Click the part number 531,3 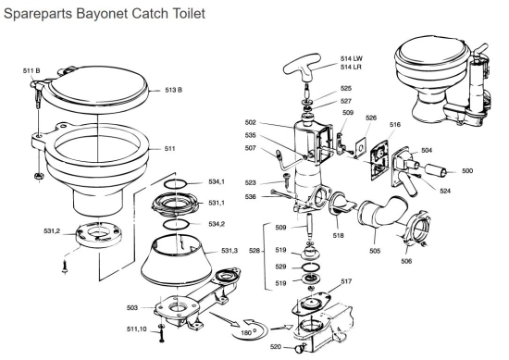click(230, 251)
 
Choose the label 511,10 click(136, 329)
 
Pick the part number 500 click(467, 171)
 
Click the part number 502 click(277, 122)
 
